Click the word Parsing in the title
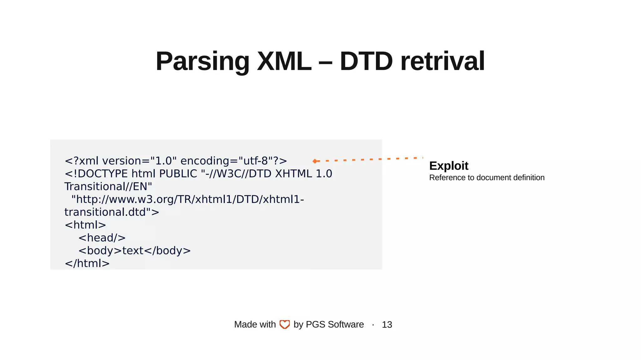(202, 61)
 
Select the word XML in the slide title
(284, 61)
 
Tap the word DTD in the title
(366, 61)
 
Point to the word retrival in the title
(443, 61)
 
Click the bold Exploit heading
(449, 166)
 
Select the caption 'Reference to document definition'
(487, 178)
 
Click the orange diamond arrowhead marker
(315, 161)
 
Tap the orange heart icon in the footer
(285, 324)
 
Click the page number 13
(387, 325)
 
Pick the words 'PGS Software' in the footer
(335, 324)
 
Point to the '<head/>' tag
(102, 238)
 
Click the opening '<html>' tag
(85, 225)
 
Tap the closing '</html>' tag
(87, 264)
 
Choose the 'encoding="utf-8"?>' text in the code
(234, 161)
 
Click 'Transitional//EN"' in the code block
(108, 187)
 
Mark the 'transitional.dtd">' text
(112, 212)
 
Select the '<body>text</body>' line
(135, 251)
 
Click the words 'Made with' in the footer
(255, 324)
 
